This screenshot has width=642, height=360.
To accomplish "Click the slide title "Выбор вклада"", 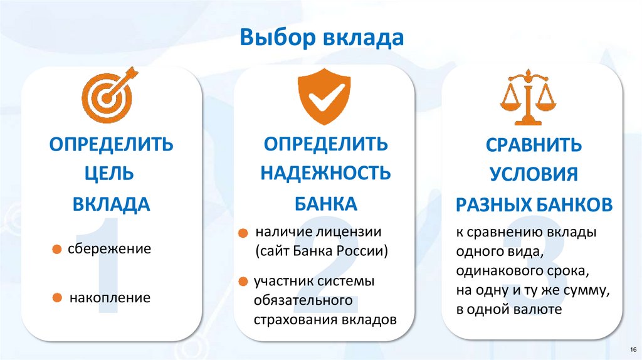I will (x=320, y=38).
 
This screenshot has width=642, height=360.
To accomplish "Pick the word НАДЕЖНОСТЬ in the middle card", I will (x=325, y=172).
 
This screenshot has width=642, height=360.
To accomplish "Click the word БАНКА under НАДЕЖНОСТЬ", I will (x=325, y=203).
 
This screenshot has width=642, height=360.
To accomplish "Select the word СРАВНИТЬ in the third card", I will (x=534, y=145).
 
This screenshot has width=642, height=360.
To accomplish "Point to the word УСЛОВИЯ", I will (x=534, y=174).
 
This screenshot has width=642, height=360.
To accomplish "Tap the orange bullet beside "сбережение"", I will (x=57, y=250).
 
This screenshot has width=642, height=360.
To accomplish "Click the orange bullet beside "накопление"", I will (x=57, y=297).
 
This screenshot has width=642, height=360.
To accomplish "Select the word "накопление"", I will (x=110, y=297).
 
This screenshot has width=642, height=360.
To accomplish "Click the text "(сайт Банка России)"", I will (x=322, y=252).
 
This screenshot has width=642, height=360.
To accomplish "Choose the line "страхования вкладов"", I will (x=325, y=319).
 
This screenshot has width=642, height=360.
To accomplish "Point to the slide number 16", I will (x=631, y=349).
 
